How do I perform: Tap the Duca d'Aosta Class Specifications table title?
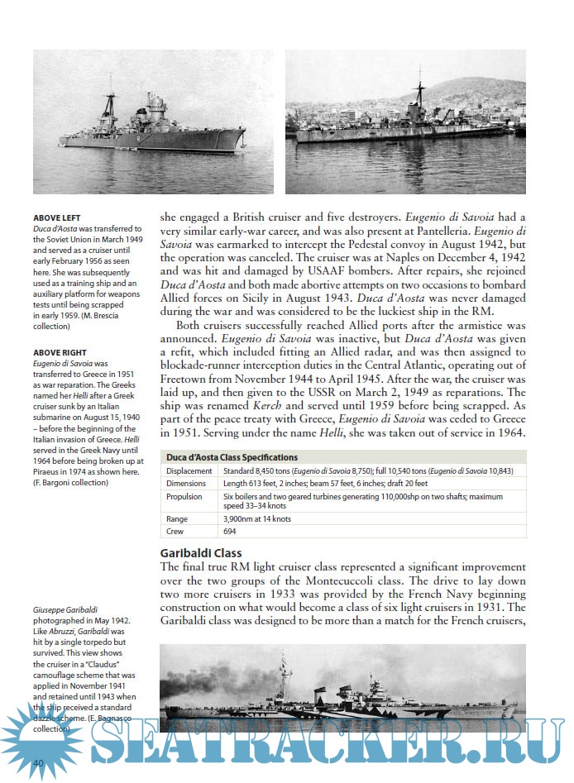[232, 457]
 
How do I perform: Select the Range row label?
[179, 518]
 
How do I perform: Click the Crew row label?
[176, 532]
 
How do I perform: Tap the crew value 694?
[231, 532]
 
